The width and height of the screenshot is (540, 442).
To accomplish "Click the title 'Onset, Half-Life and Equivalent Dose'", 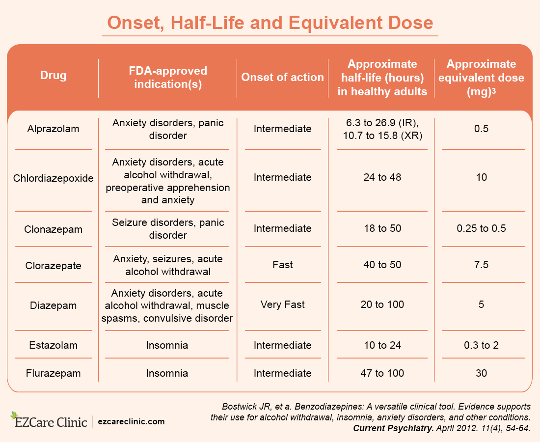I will click(x=270, y=23).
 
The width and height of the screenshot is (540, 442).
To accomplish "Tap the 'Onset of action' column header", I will click(x=283, y=77).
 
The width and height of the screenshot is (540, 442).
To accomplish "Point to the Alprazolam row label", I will click(x=53, y=129).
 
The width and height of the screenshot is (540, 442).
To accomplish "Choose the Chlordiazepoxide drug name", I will click(x=53, y=178).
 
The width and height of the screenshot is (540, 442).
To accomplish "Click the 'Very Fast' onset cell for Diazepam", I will click(x=283, y=304).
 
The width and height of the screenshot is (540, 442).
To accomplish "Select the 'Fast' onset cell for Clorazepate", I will click(x=283, y=265).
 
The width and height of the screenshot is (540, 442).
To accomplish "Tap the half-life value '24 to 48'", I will click(x=382, y=177).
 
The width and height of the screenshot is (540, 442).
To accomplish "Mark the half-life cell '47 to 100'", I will click(x=382, y=373).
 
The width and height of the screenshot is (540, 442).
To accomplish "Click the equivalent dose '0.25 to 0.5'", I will click(x=481, y=228).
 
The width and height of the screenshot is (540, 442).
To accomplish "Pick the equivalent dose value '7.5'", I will click(x=481, y=265).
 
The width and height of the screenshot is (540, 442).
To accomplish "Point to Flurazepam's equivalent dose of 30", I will click(x=481, y=373).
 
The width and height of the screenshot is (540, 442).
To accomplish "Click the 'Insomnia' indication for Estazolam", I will click(x=167, y=345).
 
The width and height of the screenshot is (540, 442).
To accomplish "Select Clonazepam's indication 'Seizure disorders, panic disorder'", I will click(x=168, y=229).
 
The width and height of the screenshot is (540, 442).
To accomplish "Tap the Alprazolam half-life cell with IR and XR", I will click(x=382, y=129).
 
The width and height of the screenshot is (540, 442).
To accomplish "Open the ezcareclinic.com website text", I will click(x=132, y=421).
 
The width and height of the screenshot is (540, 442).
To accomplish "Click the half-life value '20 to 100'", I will click(x=382, y=304).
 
